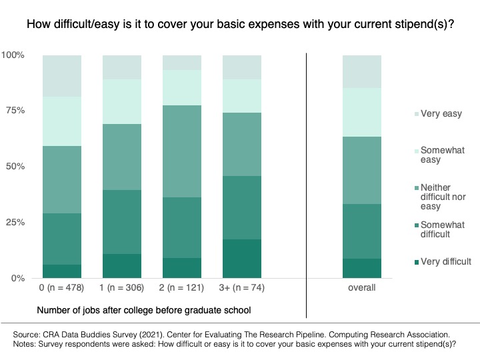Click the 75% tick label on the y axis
(15, 111)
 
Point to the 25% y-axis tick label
(15, 222)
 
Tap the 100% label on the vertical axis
(13, 55)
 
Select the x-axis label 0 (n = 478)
(61, 288)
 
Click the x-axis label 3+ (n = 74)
(242, 288)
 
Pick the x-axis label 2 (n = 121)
(181, 288)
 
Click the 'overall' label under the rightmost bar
(362, 288)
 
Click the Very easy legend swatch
(417, 114)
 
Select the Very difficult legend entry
(443, 262)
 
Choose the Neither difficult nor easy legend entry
(440, 197)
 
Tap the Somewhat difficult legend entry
(439, 229)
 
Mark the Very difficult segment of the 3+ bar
(242, 259)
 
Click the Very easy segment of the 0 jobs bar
(62, 76)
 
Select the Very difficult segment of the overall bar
(362, 269)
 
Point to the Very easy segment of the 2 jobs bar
(182, 63)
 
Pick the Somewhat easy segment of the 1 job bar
(122, 101)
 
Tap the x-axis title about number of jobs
(144, 311)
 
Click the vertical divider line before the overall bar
(306, 185)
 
